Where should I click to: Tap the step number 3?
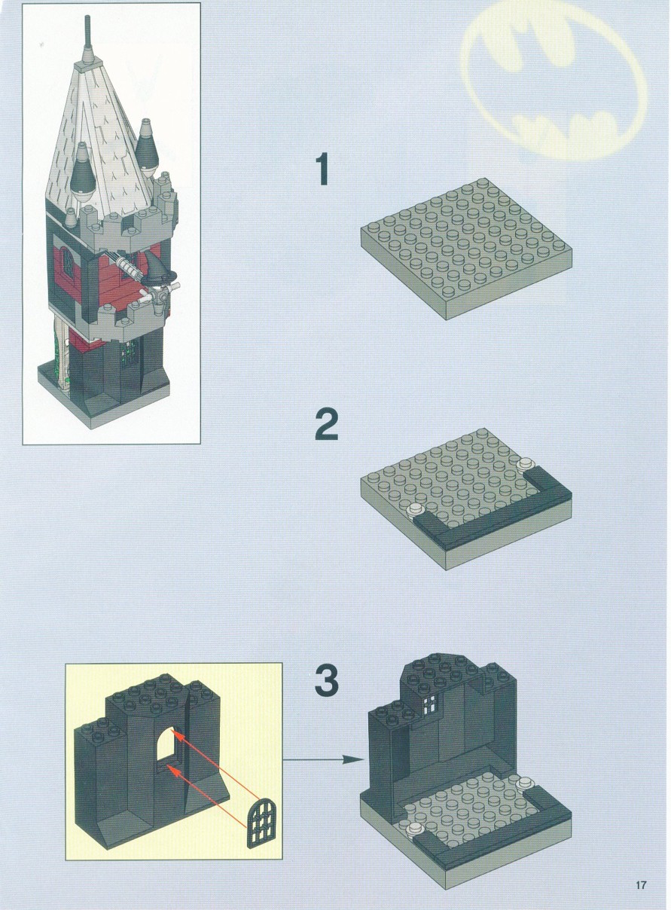click(327, 680)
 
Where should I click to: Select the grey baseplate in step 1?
click(466, 249)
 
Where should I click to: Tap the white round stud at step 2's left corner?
click(416, 509)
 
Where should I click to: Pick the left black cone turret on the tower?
click(82, 174)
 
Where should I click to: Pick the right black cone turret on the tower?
click(146, 146)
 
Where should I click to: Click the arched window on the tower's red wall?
click(67, 265)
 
